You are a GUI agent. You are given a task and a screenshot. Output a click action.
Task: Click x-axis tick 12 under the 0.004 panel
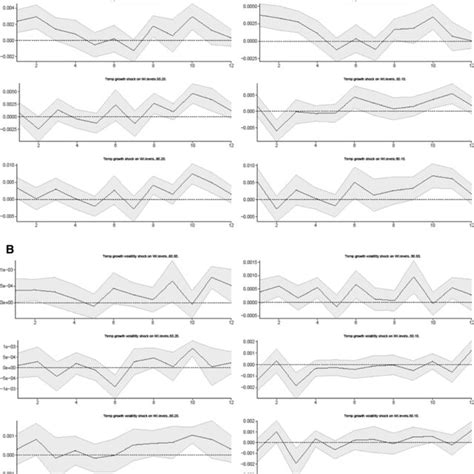(x=231, y=66)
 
